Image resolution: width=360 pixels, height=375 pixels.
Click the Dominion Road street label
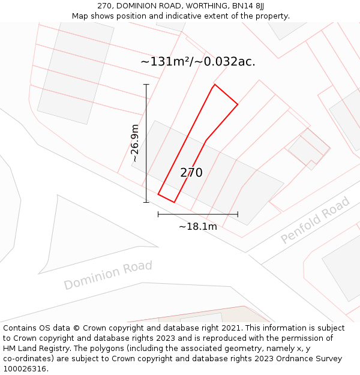[108, 275]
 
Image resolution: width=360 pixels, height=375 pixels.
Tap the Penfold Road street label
[315, 220]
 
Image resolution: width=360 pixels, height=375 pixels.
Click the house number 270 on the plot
[191, 173]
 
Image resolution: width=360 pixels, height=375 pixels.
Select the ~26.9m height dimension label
[136, 143]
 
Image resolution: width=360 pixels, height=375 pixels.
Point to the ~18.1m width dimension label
[198, 226]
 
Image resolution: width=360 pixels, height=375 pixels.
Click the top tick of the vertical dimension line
[146, 85]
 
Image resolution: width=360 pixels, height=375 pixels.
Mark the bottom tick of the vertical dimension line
[146, 202]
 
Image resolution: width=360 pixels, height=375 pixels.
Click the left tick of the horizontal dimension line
[158, 214]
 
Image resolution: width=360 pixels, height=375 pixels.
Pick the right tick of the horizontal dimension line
[238, 214]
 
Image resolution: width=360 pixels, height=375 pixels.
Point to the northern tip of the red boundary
[215, 85]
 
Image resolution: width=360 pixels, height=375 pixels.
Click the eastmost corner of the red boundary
[238, 105]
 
